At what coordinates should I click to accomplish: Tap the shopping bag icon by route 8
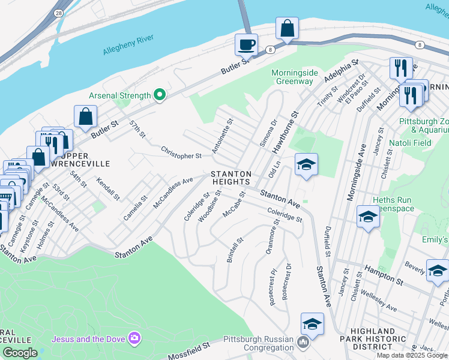(x=288, y=28)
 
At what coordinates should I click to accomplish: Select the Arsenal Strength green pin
(x=160, y=95)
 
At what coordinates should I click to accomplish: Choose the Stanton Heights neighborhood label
(x=230, y=178)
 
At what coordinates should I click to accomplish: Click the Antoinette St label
(x=222, y=136)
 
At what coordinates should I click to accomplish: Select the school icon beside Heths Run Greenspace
(x=367, y=217)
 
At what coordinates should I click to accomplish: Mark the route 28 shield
(x=58, y=12)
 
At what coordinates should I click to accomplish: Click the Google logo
(x=19, y=353)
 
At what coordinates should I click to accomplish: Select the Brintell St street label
(x=235, y=250)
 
